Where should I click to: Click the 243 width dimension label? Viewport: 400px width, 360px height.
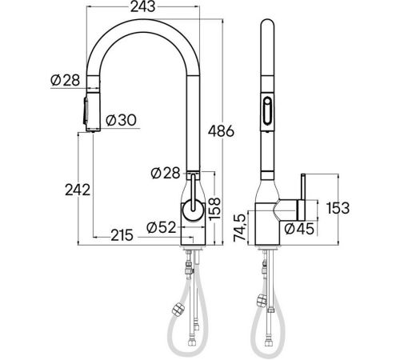142,6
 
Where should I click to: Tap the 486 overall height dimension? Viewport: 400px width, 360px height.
221,131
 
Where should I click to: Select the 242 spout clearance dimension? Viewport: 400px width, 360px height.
78,190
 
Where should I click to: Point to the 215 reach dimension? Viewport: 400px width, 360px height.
122,235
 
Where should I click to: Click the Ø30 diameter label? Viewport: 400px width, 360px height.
121,120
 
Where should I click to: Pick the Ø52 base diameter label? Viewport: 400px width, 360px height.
162,228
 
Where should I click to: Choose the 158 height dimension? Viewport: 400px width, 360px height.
214,209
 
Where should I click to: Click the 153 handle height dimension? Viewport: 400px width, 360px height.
338,208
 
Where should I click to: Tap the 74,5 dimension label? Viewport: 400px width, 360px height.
239,228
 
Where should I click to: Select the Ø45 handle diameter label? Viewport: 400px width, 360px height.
299,229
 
